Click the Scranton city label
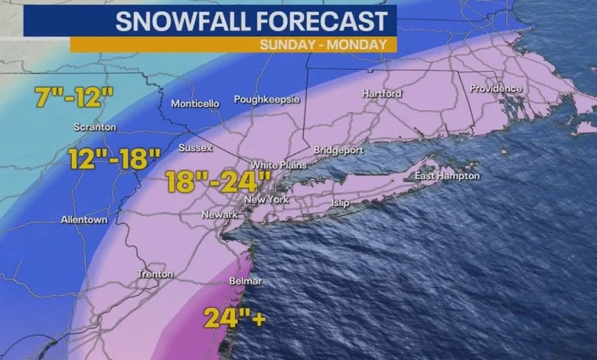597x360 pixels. click(95, 126)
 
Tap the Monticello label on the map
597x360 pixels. click(194, 103)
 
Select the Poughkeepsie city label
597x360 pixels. click(267, 100)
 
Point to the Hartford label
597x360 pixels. click(382, 93)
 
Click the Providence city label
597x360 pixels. click(496, 88)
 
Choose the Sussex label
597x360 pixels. click(195, 147)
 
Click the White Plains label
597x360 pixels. click(279, 165)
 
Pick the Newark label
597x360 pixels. click(220, 214)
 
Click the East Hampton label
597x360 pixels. click(448, 176)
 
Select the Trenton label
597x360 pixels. click(155, 273)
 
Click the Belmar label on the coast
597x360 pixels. click(246, 281)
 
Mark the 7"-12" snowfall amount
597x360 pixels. click(74, 97)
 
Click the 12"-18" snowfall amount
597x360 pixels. click(114, 159)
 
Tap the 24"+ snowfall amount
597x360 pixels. click(234, 317)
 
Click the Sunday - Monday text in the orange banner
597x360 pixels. click(323, 44)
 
